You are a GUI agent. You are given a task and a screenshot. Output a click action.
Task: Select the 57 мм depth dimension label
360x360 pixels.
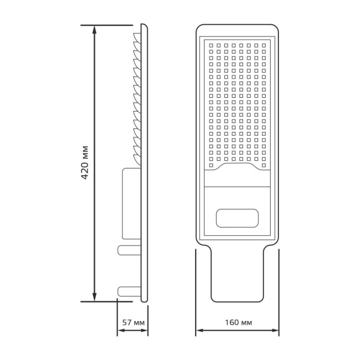click(133, 323)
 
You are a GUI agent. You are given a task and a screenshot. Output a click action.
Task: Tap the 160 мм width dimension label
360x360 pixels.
click(238, 323)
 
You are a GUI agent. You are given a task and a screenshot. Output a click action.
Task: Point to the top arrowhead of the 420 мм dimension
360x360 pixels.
click(94, 29)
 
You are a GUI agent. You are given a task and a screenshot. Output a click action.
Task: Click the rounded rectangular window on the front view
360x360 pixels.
click(238, 218)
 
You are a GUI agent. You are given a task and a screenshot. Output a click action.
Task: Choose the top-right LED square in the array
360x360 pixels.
click(264, 44)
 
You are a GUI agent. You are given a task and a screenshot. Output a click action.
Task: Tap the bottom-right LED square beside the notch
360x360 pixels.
click(264, 161)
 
